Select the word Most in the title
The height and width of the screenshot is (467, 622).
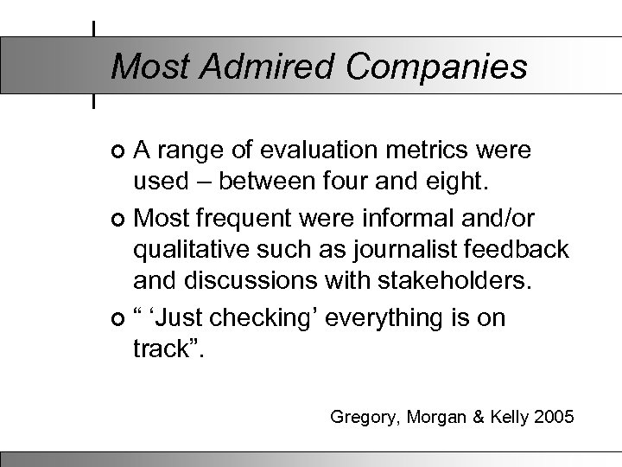[x=143, y=66]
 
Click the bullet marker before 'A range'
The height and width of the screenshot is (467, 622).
[x=118, y=152]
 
